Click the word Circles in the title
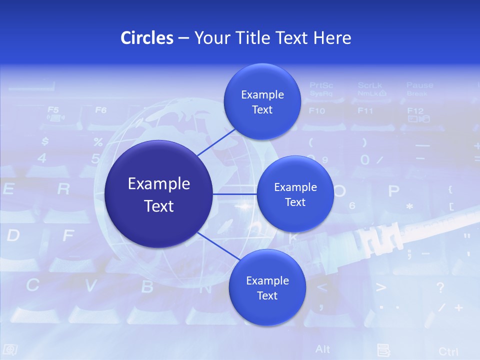click(x=147, y=38)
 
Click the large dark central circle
click(x=159, y=194)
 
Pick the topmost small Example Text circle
click(x=262, y=102)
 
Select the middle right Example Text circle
click(x=295, y=194)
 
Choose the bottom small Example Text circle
click(x=267, y=288)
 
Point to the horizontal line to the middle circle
click(x=234, y=194)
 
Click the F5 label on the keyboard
click(x=53, y=109)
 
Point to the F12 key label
click(x=415, y=110)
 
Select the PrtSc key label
click(x=321, y=85)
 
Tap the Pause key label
click(x=419, y=85)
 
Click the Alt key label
click(x=322, y=348)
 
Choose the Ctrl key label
click(x=448, y=351)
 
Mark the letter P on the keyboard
click(x=394, y=191)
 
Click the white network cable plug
click(x=380, y=239)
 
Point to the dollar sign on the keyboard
click(x=45, y=141)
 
